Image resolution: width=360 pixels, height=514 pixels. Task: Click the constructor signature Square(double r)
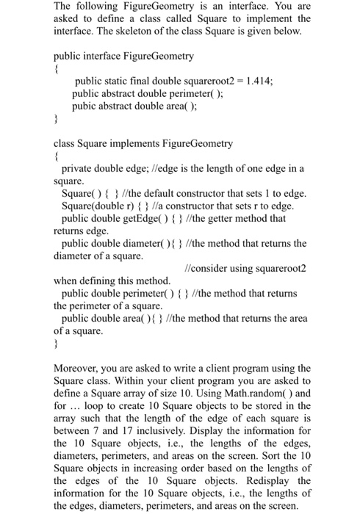click(96, 206)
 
